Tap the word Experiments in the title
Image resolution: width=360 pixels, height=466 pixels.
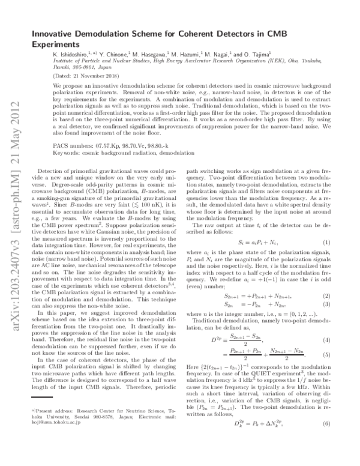coord(55,44)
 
